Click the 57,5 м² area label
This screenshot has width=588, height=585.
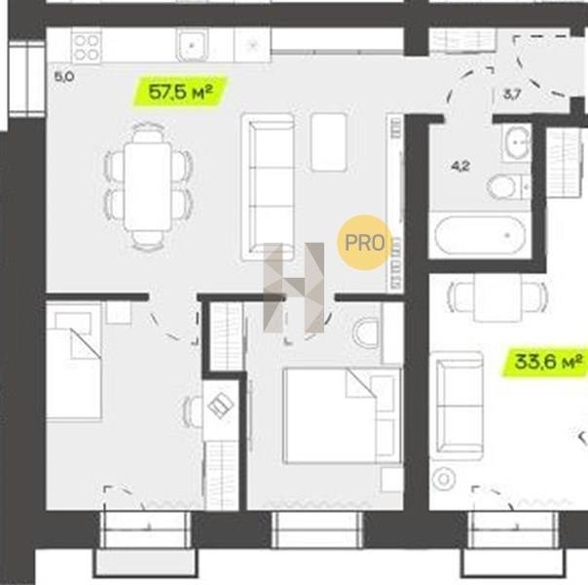click(x=180, y=92)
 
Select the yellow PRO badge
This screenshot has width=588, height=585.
click(x=364, y=243)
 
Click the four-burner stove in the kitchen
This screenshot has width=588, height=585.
click(x=87, y=48)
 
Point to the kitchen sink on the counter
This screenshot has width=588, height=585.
click(x=192, y=46)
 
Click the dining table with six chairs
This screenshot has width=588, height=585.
click(x=148, y=186)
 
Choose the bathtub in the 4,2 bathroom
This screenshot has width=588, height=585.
click(x=480, y=235)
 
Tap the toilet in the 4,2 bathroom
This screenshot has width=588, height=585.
click(x=508, y=186)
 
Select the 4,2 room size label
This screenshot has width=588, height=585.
click(x=460, y=166)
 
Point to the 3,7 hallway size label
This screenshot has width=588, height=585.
click(x=512, y=95)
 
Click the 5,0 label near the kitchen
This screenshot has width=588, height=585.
click(x=64, y=77)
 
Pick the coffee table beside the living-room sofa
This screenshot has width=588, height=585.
click(x=328, y=142)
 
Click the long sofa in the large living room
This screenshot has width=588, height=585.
click(x=268, y=186)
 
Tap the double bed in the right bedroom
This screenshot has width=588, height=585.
click(x=342, y=415)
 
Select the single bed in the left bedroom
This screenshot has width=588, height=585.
click(x=74, y=364)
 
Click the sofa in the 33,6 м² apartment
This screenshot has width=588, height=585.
click(x=457, y=407)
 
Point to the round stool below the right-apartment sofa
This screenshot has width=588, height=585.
click(x=444, y=479)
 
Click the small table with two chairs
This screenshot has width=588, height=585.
click(x=497, y=296)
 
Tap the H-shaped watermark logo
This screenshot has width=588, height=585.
click(x=294, y=288)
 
